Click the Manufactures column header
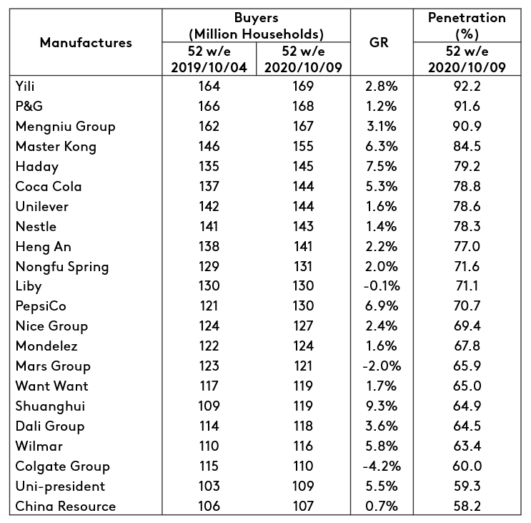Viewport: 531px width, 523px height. pos(86,42)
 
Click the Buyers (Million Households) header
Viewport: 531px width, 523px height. pos(256,25)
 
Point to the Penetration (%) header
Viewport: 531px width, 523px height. pos(466,25)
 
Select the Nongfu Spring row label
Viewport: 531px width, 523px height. pos(61,267)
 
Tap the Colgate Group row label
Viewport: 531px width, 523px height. pos(62,466)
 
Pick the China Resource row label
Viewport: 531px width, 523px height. pos(65,507)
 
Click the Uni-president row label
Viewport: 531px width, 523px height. pos(60,487)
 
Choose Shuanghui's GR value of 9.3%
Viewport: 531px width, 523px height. pos(381,406)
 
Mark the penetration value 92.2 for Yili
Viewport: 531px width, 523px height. pos(467,87)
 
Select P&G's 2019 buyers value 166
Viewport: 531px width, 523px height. pos(209,107)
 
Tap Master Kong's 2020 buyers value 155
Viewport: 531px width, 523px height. pos(303,147)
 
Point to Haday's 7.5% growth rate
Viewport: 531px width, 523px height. pos(381,167)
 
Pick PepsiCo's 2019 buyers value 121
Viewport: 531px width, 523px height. pos(209,306)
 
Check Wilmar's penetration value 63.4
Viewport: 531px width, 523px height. pos(467,446)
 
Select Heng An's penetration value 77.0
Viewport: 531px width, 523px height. pos(467,247)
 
